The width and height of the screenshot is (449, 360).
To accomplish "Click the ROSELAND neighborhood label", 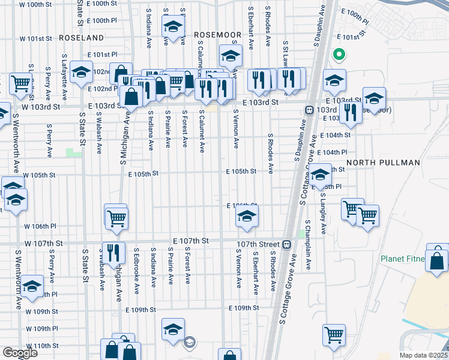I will click(x=82, y=37).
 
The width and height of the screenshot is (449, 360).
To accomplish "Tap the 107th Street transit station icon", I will click(x=287, y=244).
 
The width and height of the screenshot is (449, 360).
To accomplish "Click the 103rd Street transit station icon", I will click(x=309, y=110).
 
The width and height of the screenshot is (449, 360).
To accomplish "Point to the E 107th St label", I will click(x=190, y=241).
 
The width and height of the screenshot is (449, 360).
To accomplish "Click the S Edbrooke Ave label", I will click(x=136, y=265).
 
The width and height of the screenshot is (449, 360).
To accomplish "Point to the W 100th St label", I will click(x=35, y=4).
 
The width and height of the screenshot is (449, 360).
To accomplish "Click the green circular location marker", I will click(x=339, y=55).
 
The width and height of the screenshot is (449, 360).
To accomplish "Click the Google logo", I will click(x=20, y=353).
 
